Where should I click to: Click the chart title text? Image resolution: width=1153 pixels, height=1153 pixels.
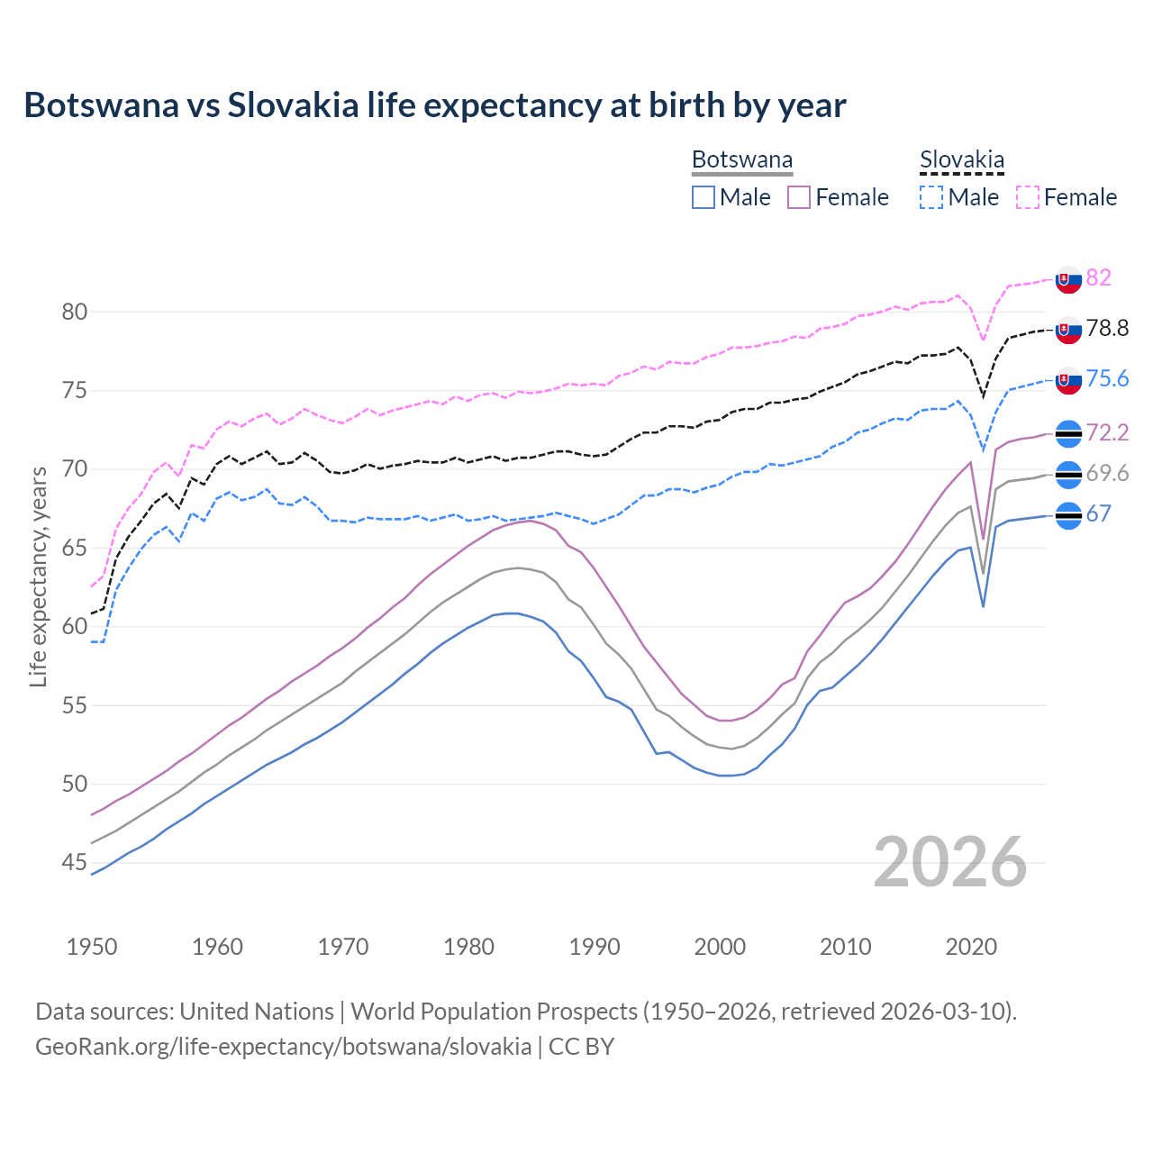(434, 105)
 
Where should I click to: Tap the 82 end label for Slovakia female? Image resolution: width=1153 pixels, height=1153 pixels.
(1098, 277)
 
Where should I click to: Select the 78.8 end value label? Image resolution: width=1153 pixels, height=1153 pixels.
(1107, 328)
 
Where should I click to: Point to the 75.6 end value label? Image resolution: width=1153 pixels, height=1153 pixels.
(1107, 378)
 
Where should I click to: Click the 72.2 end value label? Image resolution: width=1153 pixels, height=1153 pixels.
(1107, 432)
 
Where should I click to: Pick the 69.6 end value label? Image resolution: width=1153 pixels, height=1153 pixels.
(1107, 474)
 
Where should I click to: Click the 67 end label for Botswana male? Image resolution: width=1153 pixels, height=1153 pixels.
(1098, 513)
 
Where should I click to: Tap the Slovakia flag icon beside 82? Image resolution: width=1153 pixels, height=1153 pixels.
(1068, 279)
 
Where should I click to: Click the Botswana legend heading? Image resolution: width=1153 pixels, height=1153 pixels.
(742, 160)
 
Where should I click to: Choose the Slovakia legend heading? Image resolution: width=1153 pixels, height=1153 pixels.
(961, 160)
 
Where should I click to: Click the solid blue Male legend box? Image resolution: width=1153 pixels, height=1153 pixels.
(704, 197)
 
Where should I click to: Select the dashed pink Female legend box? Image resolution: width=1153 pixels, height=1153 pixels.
(1027, 197)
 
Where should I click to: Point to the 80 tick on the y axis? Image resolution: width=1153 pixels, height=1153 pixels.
(75, 313)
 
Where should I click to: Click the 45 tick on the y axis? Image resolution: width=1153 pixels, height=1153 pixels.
(75, 863)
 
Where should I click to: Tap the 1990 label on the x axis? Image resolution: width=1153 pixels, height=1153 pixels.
(595, 947)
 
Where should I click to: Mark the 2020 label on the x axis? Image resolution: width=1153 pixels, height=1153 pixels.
(971, 947)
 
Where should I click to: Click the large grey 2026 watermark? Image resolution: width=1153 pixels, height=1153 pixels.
(949, 863)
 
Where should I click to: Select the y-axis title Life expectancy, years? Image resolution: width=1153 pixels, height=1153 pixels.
(39, 576)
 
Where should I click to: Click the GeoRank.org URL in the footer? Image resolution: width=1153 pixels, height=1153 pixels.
(283, 1047)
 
